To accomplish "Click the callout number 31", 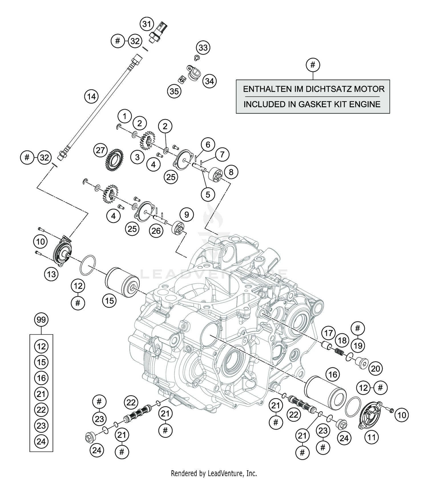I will (x=147, y=24).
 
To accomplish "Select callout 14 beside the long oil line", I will (x=91, y=97).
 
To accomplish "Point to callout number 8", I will (x=231, y=172).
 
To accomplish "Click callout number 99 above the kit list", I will (x=41, y=320).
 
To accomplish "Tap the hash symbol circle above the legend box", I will (x=313, y=65).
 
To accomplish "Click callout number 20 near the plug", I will (x=375, y=369).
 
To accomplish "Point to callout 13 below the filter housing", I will (x=51, y=274).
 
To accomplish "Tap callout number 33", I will (x=203, y=47).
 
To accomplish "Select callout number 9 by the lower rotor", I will (x=186, y=214).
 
